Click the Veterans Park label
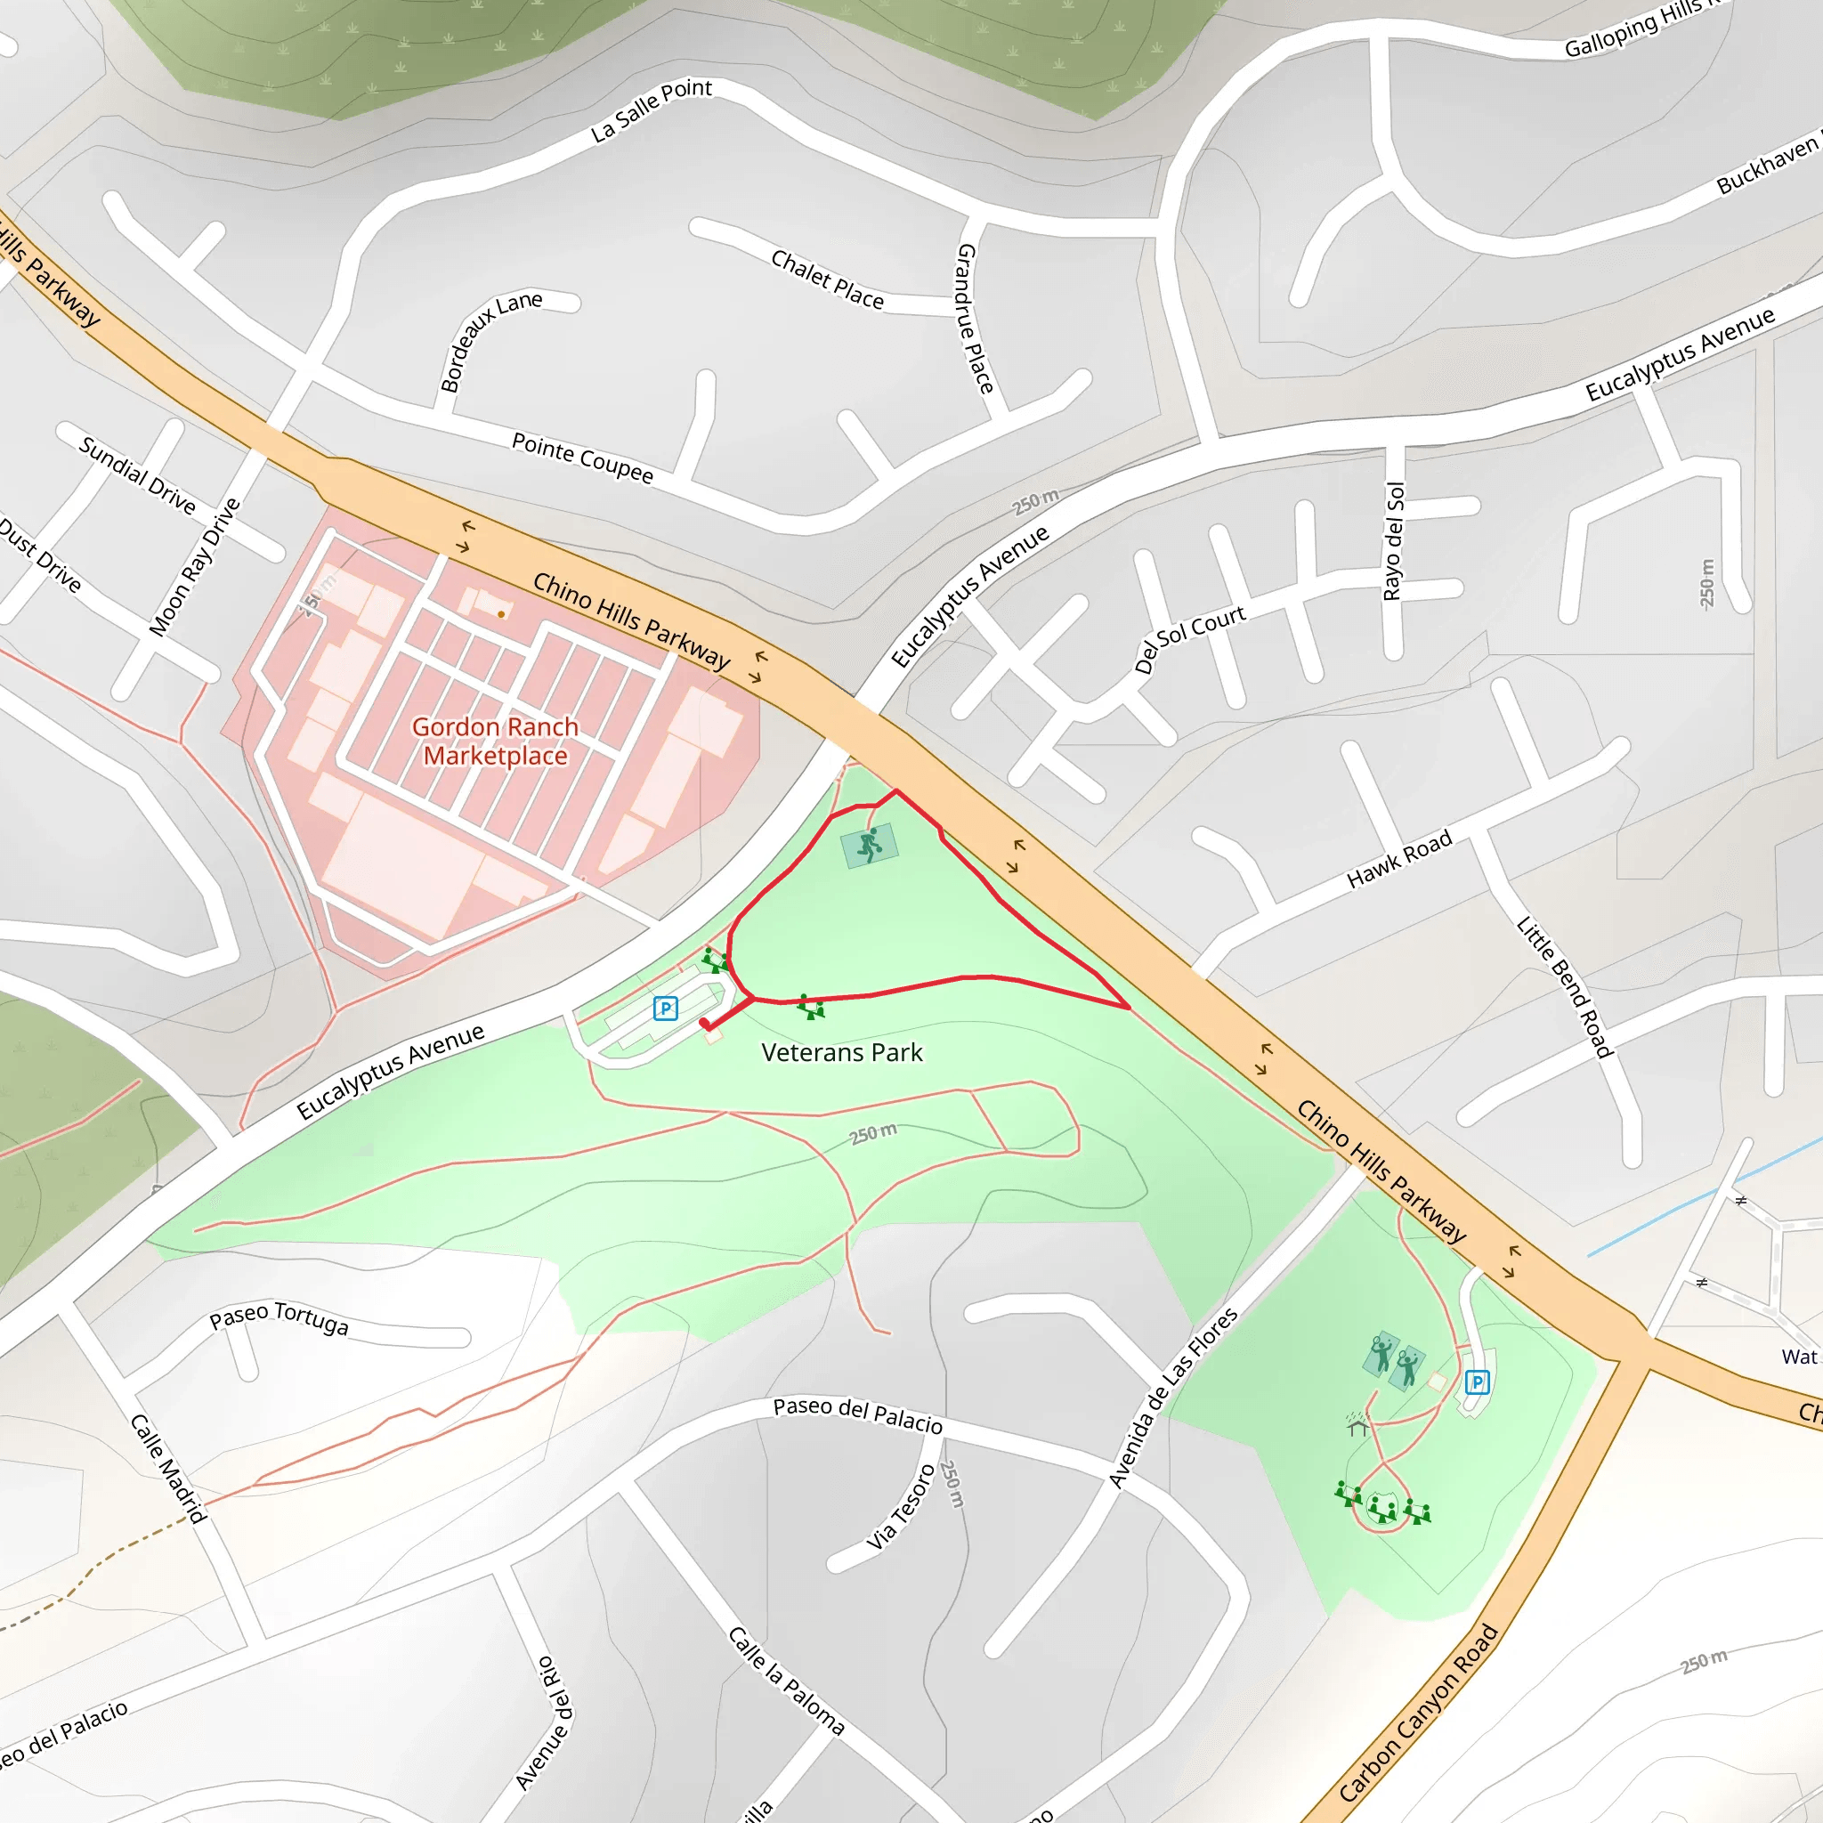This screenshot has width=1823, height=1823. click(842, 1053)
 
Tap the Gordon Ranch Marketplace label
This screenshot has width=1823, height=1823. click(496, 741)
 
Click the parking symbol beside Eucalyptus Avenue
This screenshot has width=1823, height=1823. click(665, 1009)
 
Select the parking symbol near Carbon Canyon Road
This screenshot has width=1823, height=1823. click(1477, 1383)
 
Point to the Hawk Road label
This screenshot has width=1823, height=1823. click(1398, 860)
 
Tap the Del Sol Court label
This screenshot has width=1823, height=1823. click(1190, 639)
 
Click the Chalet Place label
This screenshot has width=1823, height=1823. click(828, 280)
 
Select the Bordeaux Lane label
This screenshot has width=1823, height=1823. click(490, 341)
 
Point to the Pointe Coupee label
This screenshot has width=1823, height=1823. click(582, 458)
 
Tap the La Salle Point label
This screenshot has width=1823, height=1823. click(651, 110)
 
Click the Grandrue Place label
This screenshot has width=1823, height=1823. click(975, 318)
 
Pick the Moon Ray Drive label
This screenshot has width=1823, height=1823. click(195, 566)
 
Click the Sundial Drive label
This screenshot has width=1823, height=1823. click(138, 475)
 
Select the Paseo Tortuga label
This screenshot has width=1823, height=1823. click(280, 1319)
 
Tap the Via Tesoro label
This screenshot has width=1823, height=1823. click(901, 1508)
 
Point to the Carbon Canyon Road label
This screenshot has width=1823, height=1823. click(1417, 1714)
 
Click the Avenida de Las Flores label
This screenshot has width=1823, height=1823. click(1173, 1398)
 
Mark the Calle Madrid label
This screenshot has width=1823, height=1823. click(168, 1468)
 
